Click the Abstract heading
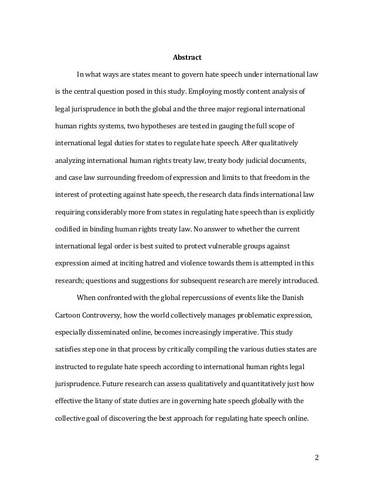(187, 58)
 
